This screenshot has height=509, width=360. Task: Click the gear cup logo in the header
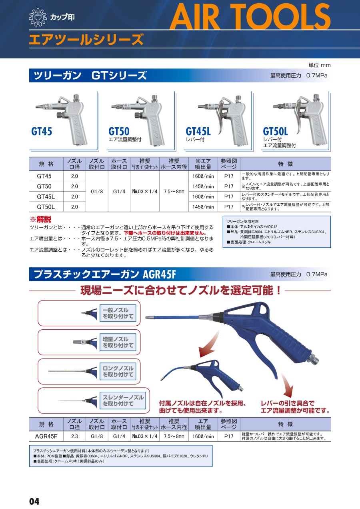click(38, 17)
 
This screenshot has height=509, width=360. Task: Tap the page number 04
click(34, 501)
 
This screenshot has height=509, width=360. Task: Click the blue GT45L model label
click(198, 131)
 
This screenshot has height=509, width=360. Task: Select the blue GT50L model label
click(275, 131)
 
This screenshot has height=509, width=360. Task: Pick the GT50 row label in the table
click(44, 186)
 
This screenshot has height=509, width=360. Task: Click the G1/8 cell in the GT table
click(97, 192)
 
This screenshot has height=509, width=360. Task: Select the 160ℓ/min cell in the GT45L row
click(203, 197)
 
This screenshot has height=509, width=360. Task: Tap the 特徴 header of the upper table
click(286, 164)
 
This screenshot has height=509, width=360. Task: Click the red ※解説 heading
click(41, 220)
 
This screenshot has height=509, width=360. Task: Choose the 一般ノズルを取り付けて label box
click(118, 313)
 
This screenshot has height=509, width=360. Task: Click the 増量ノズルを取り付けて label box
click(118, 342)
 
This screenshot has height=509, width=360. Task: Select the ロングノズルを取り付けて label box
click(118, 371)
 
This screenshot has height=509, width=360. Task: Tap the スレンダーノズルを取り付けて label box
click(123, 401)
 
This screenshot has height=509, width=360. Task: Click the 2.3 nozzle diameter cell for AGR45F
click(74, 436)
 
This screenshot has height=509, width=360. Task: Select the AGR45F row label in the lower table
click(46, 436)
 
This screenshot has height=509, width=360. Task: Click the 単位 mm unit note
click(319, 66)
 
